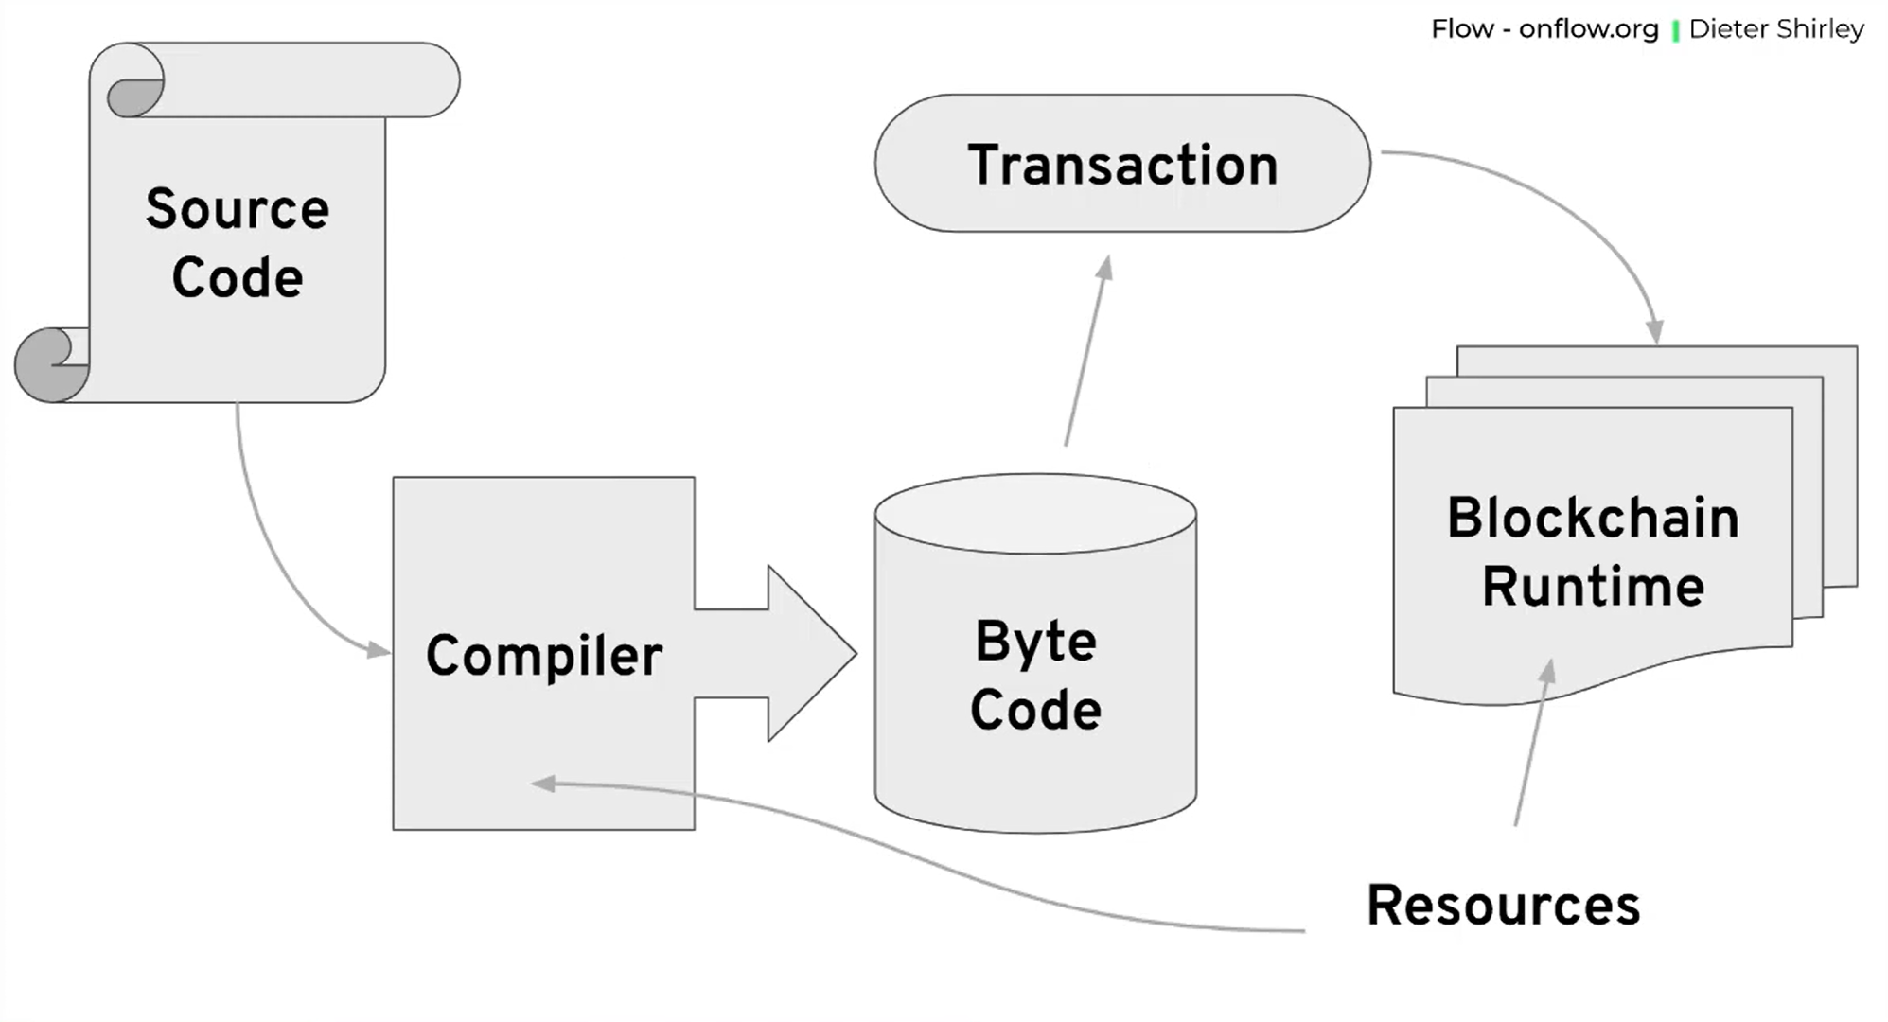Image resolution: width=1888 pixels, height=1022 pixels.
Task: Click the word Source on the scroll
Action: pyautogui.click(x=237, y=209)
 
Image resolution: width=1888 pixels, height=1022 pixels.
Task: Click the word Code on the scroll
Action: pyautogui.click(x=237, y=277)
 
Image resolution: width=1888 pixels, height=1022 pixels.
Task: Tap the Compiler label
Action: pyautogui.click(x=543, y=655)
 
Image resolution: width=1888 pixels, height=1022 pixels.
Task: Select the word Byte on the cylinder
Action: pyautogui.click(x=1035, y=642)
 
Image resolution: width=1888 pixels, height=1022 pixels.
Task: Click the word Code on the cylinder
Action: pyautogui.click(x=1035, y=710)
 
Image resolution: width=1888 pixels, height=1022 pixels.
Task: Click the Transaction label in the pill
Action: pyautogui.click(x=1122, y=165)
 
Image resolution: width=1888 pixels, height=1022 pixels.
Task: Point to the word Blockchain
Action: pyautogui.click(x=1593, y=518)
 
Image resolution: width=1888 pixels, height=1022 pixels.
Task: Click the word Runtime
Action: pyautogui.click(x=1593, y=586)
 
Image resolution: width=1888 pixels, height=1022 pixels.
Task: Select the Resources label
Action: pyautogui.click(x=1503, y=905)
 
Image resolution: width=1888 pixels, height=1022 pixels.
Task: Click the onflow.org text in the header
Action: pyautogui.click(x=1588, y=29)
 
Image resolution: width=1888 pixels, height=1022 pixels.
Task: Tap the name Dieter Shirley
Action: pyautogui.click(x=1775, y=29)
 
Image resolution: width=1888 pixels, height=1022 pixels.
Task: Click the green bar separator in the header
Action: pyautogui.click(x=1675, y=31)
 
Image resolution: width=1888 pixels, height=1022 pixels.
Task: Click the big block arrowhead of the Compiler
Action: pyautogui.click(x=809, y=653)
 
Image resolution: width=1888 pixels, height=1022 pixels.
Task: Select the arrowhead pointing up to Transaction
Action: pyautogui.click(x=1104, y=268)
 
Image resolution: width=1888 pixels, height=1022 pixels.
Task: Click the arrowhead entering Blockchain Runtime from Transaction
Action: pyautogui.click(x=1653, y=331)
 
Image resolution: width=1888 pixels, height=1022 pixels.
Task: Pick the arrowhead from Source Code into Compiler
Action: pyautogui.click(x=379, y=650)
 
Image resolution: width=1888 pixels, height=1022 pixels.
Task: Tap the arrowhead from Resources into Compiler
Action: pyautogui.click(x=543, y=784)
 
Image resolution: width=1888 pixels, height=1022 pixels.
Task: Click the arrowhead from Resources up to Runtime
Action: pyautogui.click(x=1546, y=671)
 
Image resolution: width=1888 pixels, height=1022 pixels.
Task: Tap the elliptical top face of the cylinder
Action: pyautogui.click(x=1035, y=514)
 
